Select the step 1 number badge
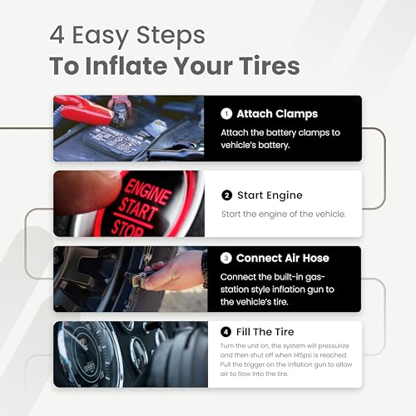(x=227, y=115)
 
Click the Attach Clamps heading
(x=277, y=115)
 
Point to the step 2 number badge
(x=227, y=195)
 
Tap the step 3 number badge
(x=227, y=258)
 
